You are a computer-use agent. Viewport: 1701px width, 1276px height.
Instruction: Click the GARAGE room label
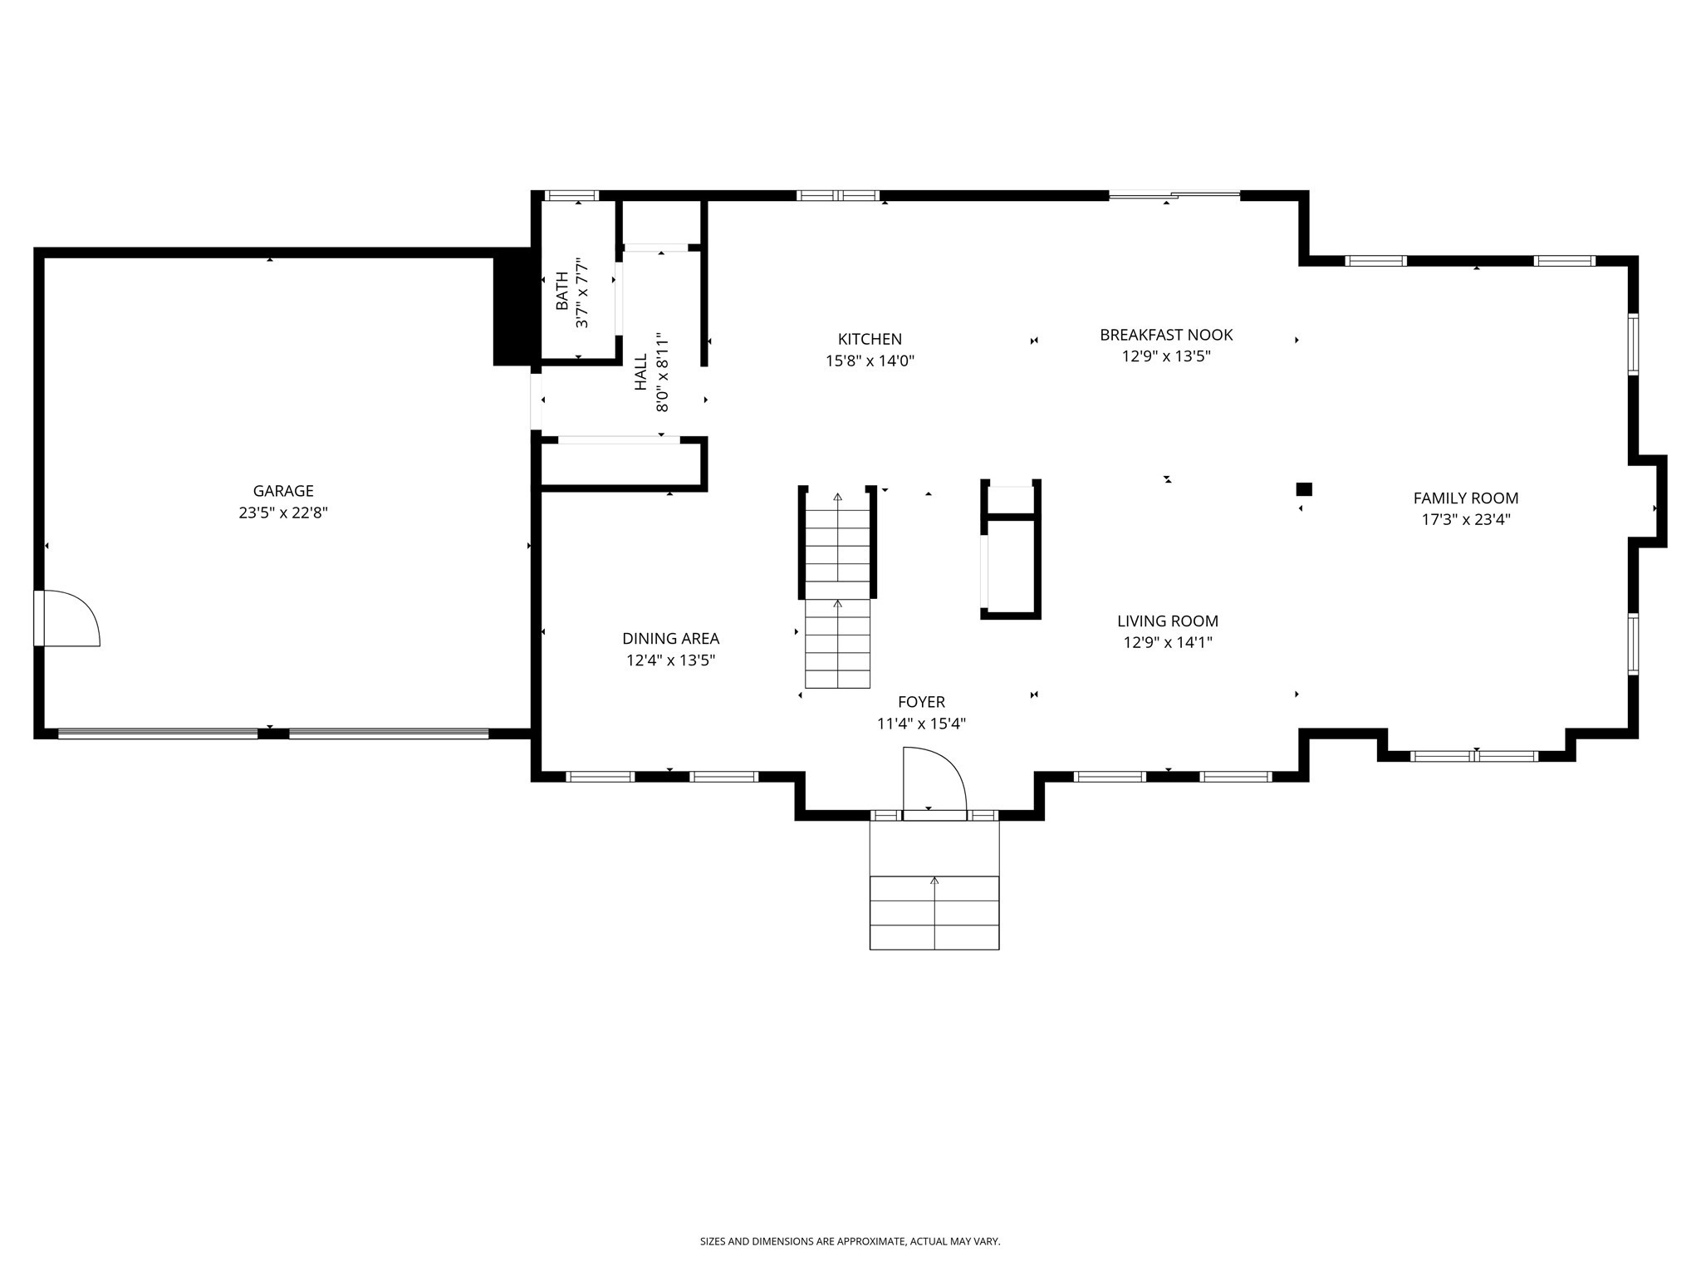(x=283, y=491)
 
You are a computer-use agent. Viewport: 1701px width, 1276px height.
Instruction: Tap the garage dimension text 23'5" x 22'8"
(x=283, y=513)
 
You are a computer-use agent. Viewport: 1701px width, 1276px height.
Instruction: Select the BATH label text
(x=562, y=292)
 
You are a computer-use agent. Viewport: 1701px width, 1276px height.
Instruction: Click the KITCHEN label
(x=870, y=339)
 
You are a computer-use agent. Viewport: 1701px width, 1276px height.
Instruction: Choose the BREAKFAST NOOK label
(x=1166, y=335)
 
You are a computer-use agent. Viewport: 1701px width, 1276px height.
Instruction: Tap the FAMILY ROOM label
(x=1466, y=498)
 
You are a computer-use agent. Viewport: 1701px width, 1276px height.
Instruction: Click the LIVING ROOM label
(x=1167, y=621)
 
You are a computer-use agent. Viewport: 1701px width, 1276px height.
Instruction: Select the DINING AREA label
(x=670, y=639)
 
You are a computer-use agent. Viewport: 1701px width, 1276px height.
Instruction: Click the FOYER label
(x=921, y=702)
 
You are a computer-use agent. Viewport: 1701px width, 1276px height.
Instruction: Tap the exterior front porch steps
(x=934, y=911)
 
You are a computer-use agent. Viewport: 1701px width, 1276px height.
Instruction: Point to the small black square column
(x=1304, y=489)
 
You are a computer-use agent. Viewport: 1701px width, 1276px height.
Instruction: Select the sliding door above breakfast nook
(x=1174, y=196)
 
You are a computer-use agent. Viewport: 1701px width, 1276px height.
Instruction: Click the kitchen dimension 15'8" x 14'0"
(x=870, y=361)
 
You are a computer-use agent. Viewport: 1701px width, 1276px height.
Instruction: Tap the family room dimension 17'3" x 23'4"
(x=1466, y=520)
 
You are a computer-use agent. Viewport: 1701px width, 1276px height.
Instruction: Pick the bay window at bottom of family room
(x=1474, y=756)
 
